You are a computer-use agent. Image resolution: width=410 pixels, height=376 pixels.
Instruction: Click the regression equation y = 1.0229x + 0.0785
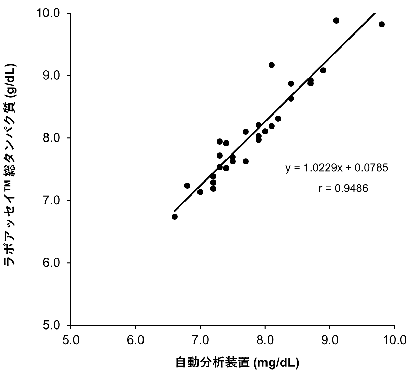(x=337, y=168)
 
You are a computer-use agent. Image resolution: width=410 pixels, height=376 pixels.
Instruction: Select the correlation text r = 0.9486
(x=343, y=188)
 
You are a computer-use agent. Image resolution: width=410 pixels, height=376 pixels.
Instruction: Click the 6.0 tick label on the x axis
(x=136, y=340)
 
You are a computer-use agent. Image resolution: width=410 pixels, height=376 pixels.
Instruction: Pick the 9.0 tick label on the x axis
(x=330, y=340)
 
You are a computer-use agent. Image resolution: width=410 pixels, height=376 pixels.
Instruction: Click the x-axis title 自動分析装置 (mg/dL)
(x=237, y=363)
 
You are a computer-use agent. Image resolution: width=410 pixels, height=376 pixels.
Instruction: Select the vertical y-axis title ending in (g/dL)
(x=11, y=164)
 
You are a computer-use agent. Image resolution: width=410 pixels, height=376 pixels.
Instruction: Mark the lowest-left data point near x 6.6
(x=175, y=217)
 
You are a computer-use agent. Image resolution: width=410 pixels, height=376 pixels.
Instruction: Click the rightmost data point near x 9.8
(x=382, y=24)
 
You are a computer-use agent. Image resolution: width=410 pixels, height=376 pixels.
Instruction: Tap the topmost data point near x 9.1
(x=336, y=21)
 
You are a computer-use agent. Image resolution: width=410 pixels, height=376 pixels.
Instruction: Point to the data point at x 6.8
(x=187, y=186)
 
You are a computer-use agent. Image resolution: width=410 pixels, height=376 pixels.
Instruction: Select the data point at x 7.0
(x=200, y=192)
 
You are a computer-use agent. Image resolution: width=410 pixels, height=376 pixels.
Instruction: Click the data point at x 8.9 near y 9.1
(x=323, y=70)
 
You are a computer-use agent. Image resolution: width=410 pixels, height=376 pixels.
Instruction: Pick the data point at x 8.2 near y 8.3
(x=278, y=119)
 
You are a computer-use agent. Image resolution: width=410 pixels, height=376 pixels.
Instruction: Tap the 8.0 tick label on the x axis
(x=265, y=340)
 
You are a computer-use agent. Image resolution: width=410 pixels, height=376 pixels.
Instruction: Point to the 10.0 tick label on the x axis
(x=394, y=340)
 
